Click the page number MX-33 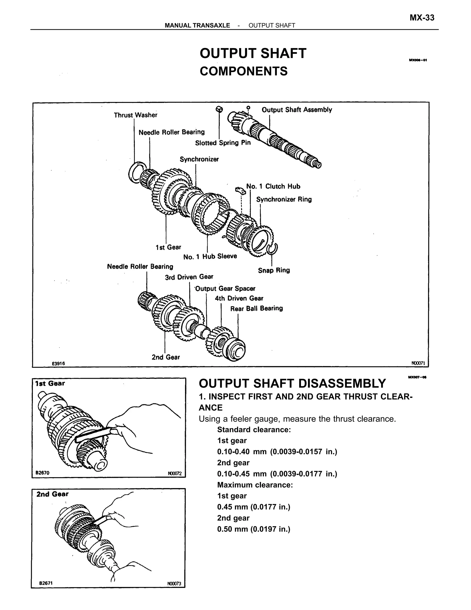coord(422,18)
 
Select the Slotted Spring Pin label coord(223,143)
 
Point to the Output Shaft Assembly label coord(297,110)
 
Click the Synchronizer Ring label coord(284,199)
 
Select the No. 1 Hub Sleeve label coord(210,256)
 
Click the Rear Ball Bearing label coord(256,308)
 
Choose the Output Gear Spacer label coord(225,288)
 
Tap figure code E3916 coord(58,363)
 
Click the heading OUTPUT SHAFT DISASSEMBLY coord(292,383)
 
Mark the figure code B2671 coord(46,583)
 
